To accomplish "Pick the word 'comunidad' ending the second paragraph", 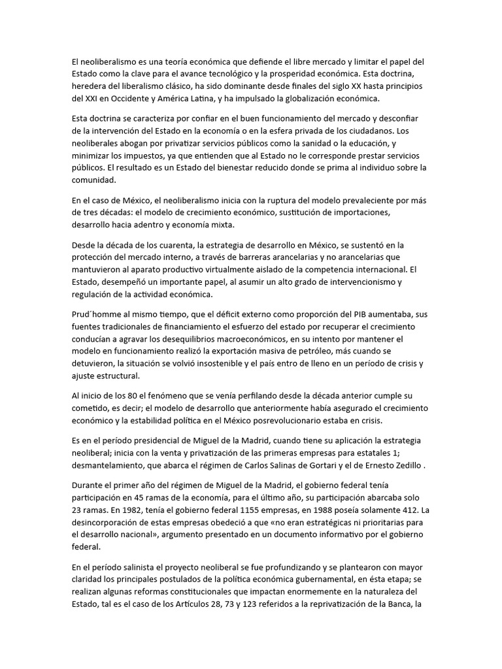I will click(93, 180).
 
